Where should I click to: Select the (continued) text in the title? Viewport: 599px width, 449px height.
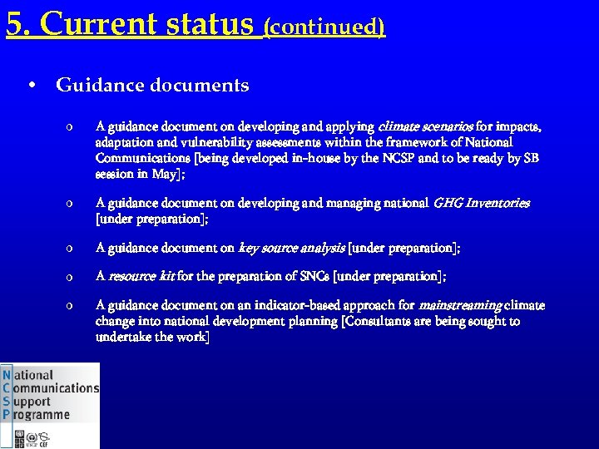324,27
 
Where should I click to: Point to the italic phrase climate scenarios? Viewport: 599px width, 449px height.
425,127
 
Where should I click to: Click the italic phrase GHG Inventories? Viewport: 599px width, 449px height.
482,203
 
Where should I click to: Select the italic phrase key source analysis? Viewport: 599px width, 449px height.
291,248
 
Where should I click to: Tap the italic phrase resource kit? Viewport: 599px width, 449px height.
140,275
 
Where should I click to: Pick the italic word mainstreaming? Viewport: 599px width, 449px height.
460,305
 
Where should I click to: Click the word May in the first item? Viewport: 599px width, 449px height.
164,174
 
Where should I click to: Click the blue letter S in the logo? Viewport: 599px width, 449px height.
7,402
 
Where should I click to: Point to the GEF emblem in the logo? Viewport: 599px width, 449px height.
43,437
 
